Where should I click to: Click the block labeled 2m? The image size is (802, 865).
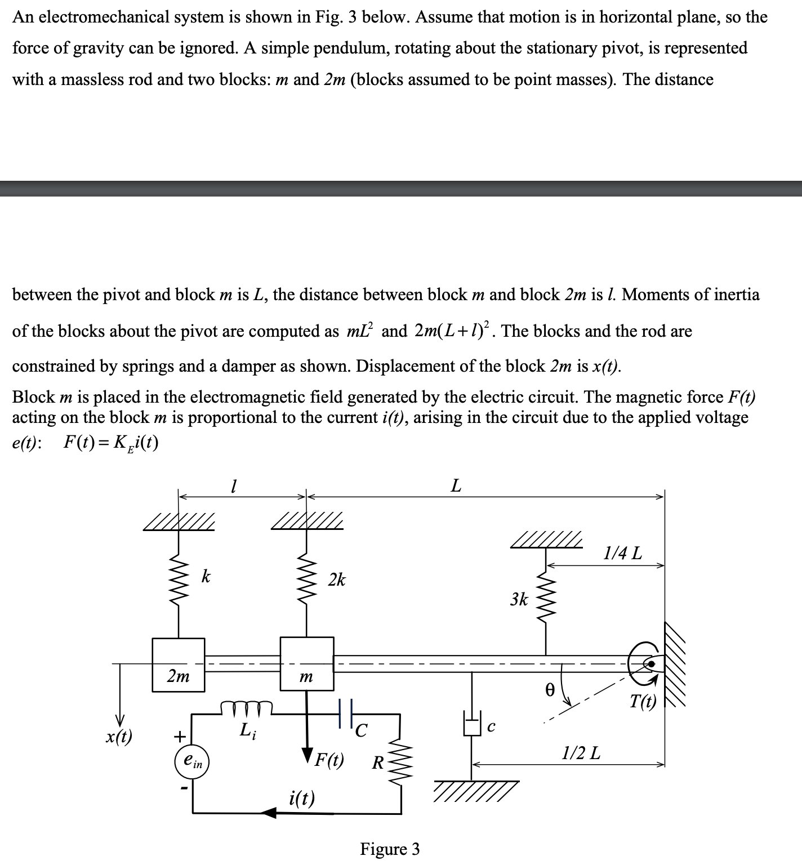pos(179,665)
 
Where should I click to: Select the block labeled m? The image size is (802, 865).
pos(307,665)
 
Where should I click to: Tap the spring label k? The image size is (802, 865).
pos(207,577)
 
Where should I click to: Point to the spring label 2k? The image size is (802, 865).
pos(337,579)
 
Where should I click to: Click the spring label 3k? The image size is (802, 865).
pos(519,599)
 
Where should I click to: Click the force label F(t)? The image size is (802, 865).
pos(329,760)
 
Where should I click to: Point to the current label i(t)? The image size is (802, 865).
pos(302,798)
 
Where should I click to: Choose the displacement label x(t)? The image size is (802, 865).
pos(119,737)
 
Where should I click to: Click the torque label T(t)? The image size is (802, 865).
pos(643,702)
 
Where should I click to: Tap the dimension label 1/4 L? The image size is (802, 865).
pos(622,553)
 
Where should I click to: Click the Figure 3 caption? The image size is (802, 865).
pos(390,849)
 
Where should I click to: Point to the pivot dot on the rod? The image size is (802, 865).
pos(651,665)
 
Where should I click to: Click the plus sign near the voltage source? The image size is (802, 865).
pos(179,736)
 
